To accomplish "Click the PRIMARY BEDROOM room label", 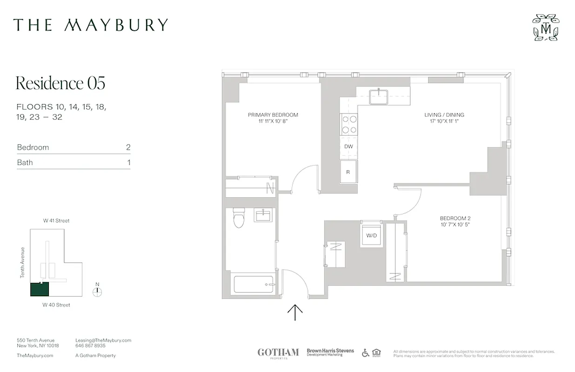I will (x=273, y=115).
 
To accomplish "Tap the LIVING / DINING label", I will (x=444, y=115).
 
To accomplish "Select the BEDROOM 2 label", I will (x=456, y=218).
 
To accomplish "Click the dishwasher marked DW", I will (x=348, y=146).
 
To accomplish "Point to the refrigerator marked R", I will (x=348, y=172).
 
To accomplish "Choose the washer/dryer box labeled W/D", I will (x=371, y=235).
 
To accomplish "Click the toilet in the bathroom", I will (x=239, y=219).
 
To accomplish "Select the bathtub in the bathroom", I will (x=253, y=285).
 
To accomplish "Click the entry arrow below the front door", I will (x=295, y=312).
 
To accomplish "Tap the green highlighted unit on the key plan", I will (x=40, y=289).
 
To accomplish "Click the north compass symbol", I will (x=97, y=291).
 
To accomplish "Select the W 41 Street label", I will (x=56, y=221).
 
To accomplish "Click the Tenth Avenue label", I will (x=22, y=263).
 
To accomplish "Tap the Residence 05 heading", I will (x=60, y=83).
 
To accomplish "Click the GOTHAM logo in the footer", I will (x=278, y=353).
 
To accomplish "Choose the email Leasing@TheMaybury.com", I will (x=103, y=340).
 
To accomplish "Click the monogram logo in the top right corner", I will (x=545, y=27).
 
